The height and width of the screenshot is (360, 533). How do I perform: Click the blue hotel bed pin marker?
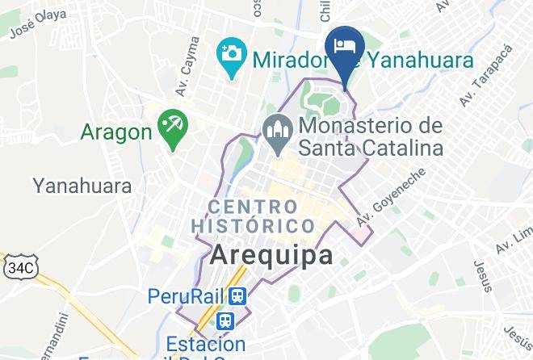click(x=346, y=47)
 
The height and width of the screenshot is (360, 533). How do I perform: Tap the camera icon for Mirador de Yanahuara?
click(x=232, y=56)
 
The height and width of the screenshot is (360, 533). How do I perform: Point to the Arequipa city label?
click(x=272, y=255)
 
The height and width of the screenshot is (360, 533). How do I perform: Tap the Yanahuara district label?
click(x=82, y=186)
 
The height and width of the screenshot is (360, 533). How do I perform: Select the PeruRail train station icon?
click(x=238, y=296)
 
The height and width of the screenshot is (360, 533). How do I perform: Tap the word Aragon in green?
click(x=116, y=132)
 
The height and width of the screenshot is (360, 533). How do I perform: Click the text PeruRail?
click(x=187, y=296)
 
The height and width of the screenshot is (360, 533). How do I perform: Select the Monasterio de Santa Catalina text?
click(x=371, y=137)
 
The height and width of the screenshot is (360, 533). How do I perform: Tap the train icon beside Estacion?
click(x=229, y=320)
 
